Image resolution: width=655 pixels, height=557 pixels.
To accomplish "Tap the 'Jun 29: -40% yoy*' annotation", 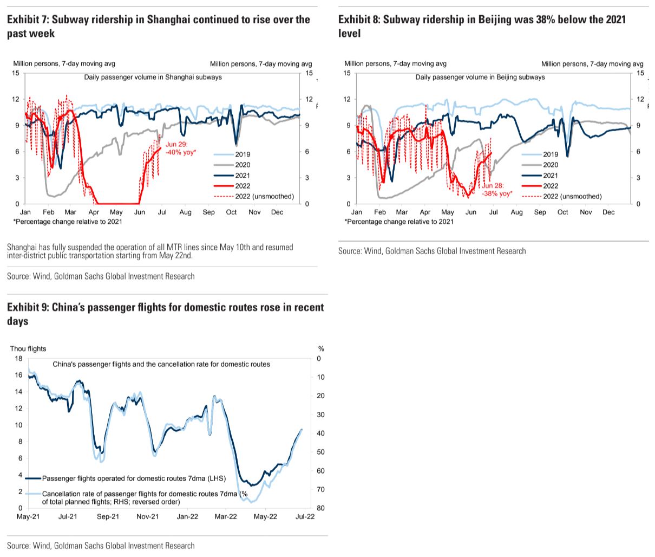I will pyautogui.click(x=180, y=148).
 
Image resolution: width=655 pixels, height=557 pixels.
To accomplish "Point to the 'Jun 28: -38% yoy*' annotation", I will pyautogui.click(x=496, y=190).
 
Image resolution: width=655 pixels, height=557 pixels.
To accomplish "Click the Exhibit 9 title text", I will pyautogui.click(x=165, y=314).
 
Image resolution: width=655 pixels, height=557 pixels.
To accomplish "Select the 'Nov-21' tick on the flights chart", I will pyautogui.click(x=147, y=517).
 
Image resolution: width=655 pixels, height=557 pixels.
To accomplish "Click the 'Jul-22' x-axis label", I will pyautogui.click(x=305, y=517).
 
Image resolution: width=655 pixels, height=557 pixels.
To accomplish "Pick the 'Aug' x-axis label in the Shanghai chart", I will pyautogui.click(x=185, y=212).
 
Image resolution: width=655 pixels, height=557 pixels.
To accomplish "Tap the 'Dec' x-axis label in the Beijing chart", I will pyautogui.click(x=608, y=212).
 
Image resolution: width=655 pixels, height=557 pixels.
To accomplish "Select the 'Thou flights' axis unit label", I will pyautogui.click(x=28, y=349).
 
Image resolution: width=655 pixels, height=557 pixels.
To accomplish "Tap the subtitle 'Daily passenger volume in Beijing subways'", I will pyautogui.click(x=480, y=77).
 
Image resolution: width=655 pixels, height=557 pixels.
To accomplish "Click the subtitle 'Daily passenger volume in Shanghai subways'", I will pyautogui.click(x=153, y=77).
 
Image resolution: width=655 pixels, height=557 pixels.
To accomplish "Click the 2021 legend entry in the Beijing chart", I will pyautogui.click(x=550, y=176).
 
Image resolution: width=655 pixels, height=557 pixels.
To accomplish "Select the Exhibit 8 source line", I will pyautogui.click(x=432, y=251).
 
